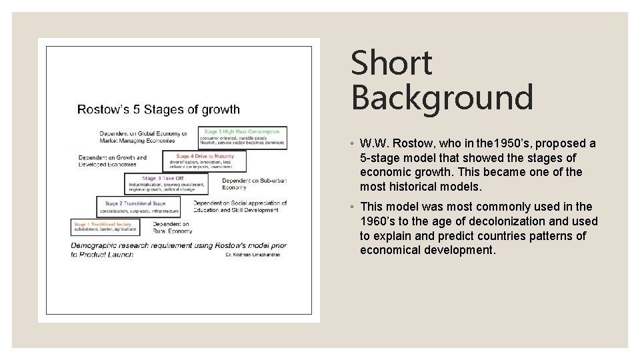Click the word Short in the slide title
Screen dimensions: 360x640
[391, 63]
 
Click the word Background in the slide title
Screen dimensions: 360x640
[442, 97]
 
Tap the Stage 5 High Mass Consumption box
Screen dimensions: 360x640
[243, 136]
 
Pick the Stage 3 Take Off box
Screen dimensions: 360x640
[166, 183]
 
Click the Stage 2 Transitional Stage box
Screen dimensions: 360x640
[139, 207]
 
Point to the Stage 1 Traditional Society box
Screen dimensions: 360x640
[105, 227]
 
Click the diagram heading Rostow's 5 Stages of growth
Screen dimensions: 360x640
[159, 109]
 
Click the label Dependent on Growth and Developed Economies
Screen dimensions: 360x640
[112, 161]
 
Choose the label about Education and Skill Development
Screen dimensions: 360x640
[240, 207]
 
